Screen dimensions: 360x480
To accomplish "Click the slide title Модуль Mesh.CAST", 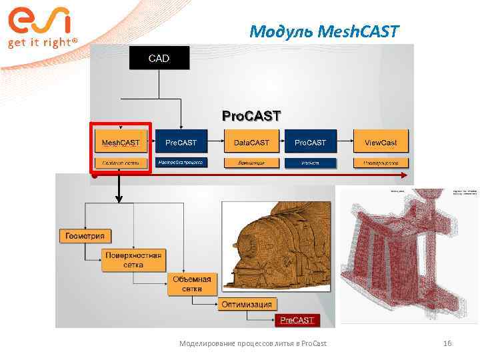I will point(324,31).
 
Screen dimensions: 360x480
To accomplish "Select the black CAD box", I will point(159,59).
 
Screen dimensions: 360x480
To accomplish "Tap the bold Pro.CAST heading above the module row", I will point(251,116).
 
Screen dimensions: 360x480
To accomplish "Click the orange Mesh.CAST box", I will point(120,143).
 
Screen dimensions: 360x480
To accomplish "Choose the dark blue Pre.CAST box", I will point(181,143).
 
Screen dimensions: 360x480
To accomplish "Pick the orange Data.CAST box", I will point(251,143).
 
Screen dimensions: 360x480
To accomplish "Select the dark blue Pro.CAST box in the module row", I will point(310,143).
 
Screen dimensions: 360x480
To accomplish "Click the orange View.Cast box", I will point(381,143).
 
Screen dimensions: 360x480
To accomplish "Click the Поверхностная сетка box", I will point(133,260).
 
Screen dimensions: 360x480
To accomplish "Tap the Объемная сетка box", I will point(191,284).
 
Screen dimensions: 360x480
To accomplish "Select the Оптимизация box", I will point(247,305).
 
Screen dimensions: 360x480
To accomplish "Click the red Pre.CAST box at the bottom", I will point(297,321).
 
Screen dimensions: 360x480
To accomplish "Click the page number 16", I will point(447,343).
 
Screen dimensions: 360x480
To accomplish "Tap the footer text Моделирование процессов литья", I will point(253,343).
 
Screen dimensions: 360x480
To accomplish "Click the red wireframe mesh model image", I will point(408,255).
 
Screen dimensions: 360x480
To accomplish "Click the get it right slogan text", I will point(42,43).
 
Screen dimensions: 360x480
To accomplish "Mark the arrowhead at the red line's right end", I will point(404,175).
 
